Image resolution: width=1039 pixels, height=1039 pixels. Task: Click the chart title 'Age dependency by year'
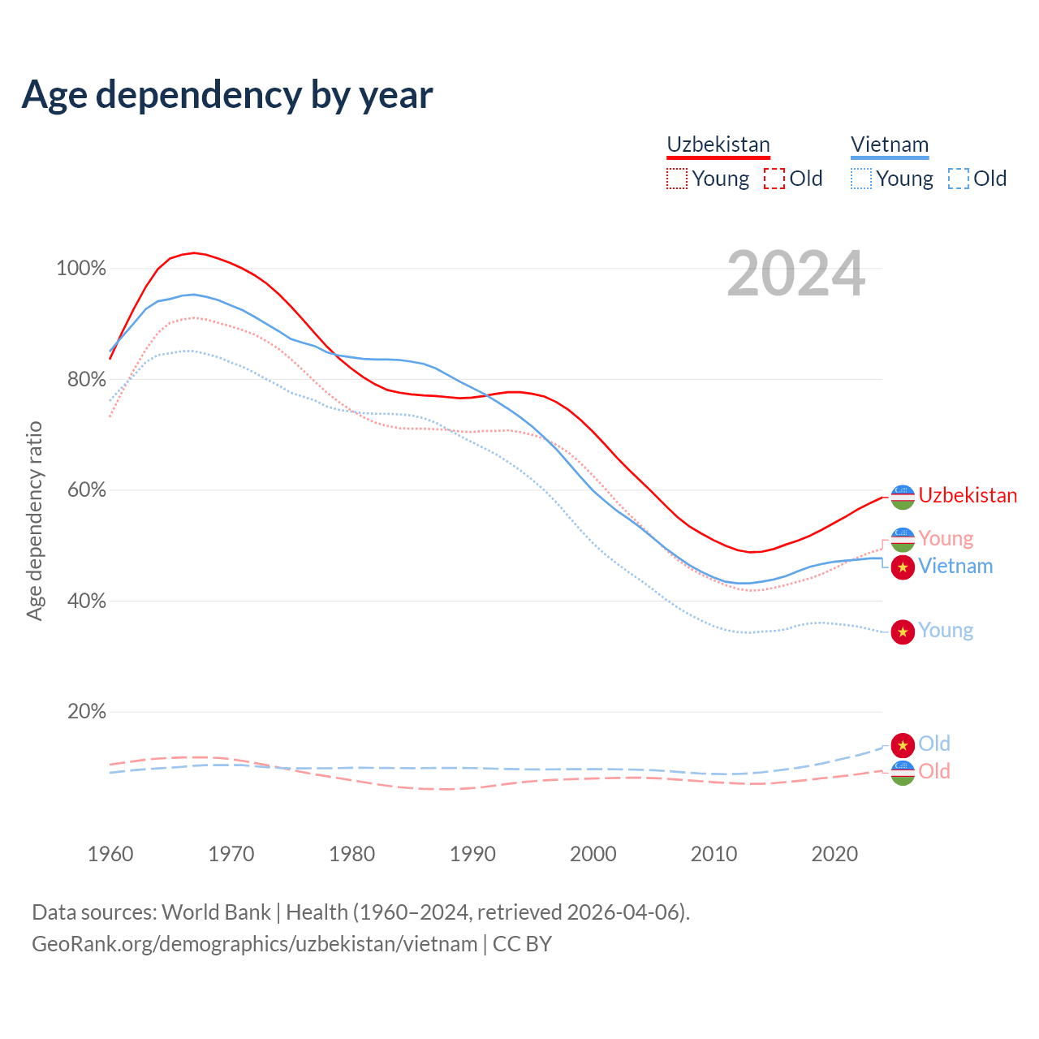tap(227, 95)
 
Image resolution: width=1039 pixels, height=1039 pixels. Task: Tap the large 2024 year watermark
tap(795, 274)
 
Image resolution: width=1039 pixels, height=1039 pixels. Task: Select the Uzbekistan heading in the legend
tap(718, 144)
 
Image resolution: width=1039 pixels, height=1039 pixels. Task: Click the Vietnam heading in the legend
tap(890, 144)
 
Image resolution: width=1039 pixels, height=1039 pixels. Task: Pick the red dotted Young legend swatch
tap(676, 179)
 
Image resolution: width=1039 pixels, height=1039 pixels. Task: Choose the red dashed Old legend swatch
tap(774, 179)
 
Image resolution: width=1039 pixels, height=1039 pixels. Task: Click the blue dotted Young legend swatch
tap(861, 179)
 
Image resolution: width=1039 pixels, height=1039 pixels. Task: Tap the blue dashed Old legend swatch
tap(959, 179)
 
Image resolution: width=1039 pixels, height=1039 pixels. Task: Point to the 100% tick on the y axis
tap(81, 269)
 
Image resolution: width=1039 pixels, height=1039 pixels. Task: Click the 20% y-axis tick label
tap(87, 712)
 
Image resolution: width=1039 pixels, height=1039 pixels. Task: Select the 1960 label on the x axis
tap(110, 854)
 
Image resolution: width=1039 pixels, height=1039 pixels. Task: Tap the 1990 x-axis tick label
tap(472, 854)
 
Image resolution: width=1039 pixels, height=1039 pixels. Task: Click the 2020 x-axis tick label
tap(834, 854)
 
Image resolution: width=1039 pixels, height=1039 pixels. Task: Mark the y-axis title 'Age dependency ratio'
tap(34, 520)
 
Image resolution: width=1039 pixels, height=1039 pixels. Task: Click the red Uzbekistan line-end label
tap(968, 495)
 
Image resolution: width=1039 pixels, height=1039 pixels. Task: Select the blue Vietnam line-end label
tap(955, 566)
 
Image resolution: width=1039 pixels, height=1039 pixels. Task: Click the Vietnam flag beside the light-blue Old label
tap(903, 744)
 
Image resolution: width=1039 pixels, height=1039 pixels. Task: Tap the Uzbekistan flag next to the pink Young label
tap(903, 539)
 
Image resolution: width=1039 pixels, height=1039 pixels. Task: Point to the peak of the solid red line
tap(193, 252)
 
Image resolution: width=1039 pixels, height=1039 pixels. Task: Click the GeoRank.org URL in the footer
tap(254, 944)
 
